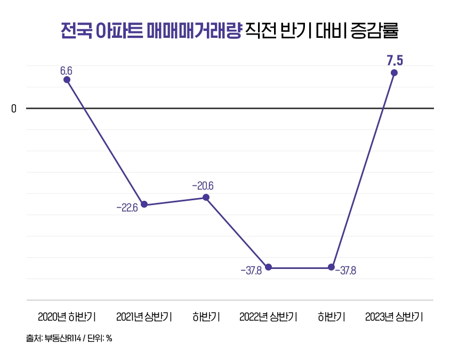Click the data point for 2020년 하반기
click(67, 80)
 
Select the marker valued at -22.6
click(144, 205)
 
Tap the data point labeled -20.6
click(206, 198)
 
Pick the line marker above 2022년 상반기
click(269, 267)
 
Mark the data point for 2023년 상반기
click(394, 73)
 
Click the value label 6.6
click(66, 70)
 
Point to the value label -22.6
click(127, 208)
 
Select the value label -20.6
click(203, 186)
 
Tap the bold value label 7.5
click(394, 60)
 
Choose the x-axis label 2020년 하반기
click(67, 317)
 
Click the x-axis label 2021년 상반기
click(144, 317)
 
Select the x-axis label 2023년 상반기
click(394, 317)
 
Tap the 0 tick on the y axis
click(14, 109)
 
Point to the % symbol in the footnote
click(109, 338)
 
